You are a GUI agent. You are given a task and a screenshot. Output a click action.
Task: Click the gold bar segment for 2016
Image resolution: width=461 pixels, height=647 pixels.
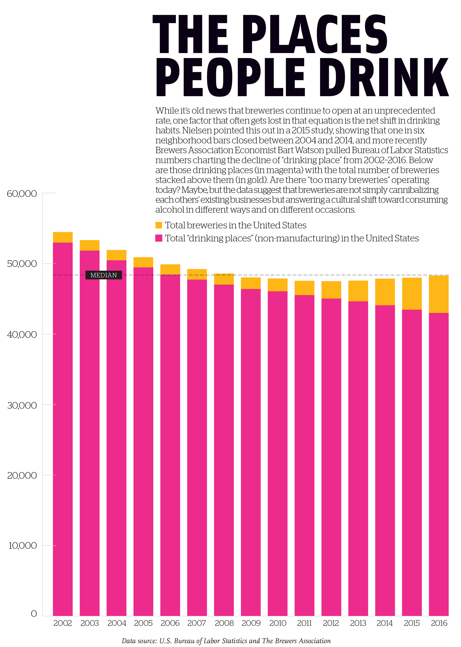(x=438, y=294)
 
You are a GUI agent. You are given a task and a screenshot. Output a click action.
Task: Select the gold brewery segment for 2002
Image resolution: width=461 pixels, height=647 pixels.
(x=63, y=237)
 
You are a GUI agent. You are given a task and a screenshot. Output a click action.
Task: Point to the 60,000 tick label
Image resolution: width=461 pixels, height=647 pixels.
(x=22, y=194)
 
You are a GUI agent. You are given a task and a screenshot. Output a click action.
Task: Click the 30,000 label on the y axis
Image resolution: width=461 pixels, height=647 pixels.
(x=22, y=405)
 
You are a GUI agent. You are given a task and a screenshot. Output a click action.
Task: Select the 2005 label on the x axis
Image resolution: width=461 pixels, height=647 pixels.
(x=143, y=623)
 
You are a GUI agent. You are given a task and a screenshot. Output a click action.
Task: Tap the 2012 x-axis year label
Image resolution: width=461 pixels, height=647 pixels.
(x=331, y=623)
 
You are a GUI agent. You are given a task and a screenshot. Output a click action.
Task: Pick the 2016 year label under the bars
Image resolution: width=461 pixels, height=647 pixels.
(x=439, y=623)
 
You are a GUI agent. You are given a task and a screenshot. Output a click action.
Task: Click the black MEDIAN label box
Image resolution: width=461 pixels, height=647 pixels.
(x=103, y=275)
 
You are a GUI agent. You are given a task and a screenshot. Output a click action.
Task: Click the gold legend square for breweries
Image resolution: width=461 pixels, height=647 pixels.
(x=159, y=225)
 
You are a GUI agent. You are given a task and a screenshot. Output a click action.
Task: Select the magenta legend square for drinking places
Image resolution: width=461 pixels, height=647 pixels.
(x=159, y=238)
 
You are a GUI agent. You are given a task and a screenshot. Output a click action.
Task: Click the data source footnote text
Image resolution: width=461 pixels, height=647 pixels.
(x=226, y=641)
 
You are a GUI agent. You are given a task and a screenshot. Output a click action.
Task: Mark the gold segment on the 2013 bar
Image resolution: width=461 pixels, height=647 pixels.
(x=358, y=291)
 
